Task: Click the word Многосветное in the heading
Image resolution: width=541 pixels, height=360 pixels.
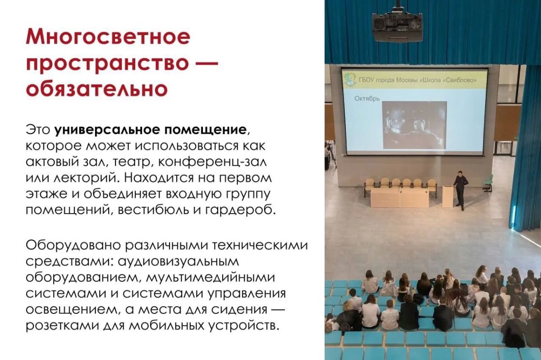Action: [x=108, y=37]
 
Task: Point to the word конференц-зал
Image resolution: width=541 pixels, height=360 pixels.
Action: [x=212, y=162]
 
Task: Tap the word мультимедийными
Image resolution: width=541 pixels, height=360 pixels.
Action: [x=207, y=278]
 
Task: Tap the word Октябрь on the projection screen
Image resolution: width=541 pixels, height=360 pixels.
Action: [x=367, y=99]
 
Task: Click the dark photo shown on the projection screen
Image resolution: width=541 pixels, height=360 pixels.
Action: [x=414, y=125]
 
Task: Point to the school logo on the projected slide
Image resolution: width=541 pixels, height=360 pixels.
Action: [x=350, y=80]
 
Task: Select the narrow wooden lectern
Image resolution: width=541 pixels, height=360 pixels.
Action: [x=448, y=196]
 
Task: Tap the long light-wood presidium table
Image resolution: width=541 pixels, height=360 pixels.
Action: [x=400, y=197]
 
